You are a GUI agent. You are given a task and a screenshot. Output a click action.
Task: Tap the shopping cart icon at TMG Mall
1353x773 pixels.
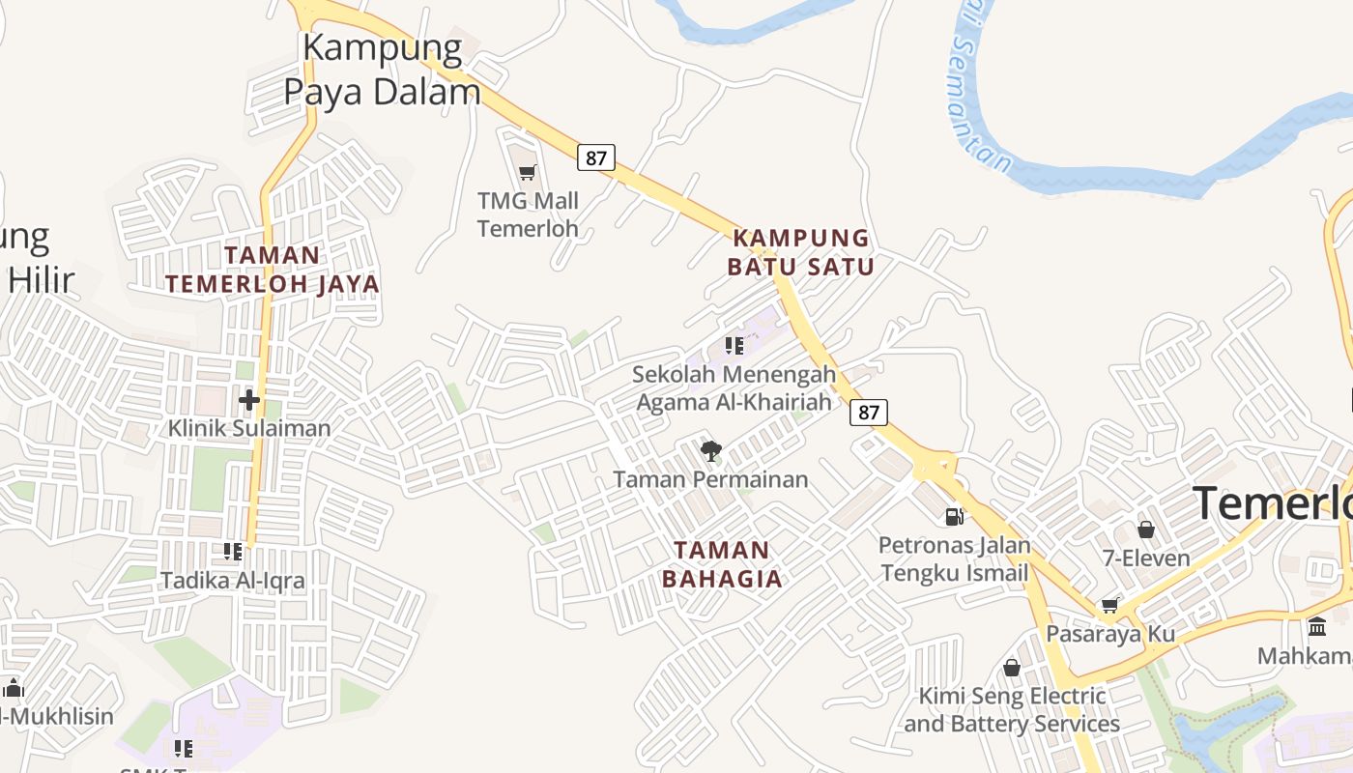[527, 173]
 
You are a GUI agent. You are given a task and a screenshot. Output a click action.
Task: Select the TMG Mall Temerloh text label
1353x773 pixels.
[528, 215]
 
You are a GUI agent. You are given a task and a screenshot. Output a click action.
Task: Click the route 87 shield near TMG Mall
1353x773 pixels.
[596, 157]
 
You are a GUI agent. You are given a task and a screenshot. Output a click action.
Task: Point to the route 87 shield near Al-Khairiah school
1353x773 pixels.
[869, 413]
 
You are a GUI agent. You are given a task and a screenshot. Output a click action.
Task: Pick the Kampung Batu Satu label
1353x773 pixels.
[801, 252]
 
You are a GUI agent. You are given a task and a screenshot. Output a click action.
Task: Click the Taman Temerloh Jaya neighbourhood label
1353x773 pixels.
[272, 270]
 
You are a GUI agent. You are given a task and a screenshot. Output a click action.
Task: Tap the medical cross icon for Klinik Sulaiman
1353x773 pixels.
[249, 399]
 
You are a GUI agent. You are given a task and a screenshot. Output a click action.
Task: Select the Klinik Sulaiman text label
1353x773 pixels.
[249, 428]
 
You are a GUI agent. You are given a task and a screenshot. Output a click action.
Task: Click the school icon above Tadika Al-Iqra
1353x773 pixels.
[233, 552]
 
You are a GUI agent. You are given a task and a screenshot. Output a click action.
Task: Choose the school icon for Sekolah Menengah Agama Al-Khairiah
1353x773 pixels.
[734, 345]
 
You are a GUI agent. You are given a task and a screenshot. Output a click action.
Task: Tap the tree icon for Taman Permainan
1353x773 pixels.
[711, 450]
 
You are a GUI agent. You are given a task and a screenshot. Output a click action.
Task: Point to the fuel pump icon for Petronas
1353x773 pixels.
[954, 517]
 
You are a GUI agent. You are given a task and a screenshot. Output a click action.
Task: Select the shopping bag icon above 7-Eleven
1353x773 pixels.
[1146, 530]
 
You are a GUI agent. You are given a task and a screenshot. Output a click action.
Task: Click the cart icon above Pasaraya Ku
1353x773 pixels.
[1110, 605]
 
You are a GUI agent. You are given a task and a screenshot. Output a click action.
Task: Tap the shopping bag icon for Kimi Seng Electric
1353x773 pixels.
[1012, 668]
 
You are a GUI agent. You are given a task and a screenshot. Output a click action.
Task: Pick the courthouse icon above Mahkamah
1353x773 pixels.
[1316, 627]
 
